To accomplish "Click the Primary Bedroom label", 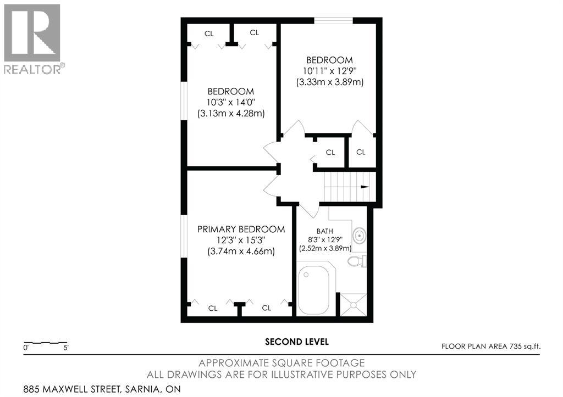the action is point(241,229).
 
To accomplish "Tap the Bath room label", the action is point(324,231).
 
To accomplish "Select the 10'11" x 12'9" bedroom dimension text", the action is point(330,71).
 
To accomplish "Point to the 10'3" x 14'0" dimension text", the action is point(231,103).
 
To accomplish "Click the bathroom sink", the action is point(359,236).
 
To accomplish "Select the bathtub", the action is point(313,290).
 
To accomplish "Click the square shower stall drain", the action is point(354,305).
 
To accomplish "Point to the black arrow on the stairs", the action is point(365,187).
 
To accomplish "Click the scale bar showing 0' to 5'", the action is point(46,343).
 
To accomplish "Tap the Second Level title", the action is point(297,342).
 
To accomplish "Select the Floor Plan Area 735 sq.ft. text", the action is point(491,346).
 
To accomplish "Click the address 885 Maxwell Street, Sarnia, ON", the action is point(102,389).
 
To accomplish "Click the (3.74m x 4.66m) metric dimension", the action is point(241,251).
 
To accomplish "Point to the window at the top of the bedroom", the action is point(334,20).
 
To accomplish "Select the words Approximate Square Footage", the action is point(281,364).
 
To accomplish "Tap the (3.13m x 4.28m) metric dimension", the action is point(231,114).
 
